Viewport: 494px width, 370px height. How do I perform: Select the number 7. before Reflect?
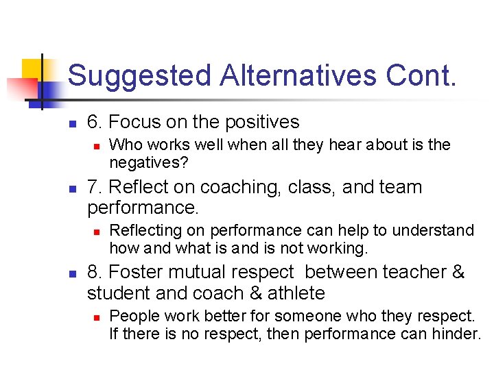95,187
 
